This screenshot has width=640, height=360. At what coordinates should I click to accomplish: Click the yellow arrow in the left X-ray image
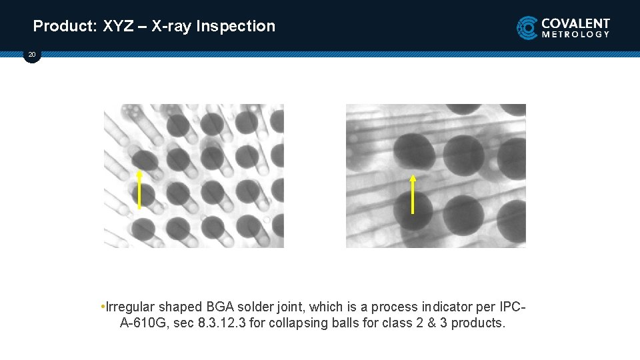tap(139, 189)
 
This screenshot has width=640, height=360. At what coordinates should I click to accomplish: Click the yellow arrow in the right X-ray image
tap(413, 195)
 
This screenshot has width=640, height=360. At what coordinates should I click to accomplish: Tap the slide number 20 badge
tap(32, 55)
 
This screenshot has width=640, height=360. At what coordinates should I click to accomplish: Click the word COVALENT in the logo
tap(575, 23)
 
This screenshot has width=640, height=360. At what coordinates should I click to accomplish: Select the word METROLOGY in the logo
tap(575, 34)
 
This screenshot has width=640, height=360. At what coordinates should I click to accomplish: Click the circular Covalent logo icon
tap(527, 28)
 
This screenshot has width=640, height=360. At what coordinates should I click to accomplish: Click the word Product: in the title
tap(65, 27)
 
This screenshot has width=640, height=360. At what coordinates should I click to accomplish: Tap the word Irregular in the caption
tap(130, 307)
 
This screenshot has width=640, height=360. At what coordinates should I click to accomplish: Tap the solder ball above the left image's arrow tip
tap(143, 160)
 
